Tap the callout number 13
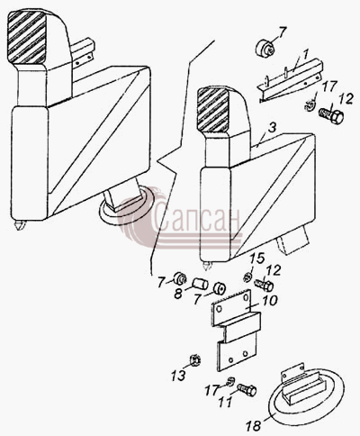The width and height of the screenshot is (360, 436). click(x=178, y=376)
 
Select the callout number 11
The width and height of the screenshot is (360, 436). click(x=225, y=403)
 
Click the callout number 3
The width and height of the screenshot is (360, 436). click(x=271, y=128)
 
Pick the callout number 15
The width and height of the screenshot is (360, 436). click(x=257, y=259)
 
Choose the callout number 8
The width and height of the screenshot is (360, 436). click(x=178, y=294)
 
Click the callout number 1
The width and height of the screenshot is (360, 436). click(x=305, y=55)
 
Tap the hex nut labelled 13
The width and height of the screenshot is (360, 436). click(x=195, y=359)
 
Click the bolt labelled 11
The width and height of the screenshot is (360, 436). click(x=247, y=390)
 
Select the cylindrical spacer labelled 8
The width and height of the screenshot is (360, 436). click(x=199, y=284)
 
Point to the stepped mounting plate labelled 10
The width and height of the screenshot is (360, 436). click(x=236, y=330)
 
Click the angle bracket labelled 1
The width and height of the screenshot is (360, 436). click(x=290, y=81)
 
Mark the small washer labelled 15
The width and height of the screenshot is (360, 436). click(x=247, y=277)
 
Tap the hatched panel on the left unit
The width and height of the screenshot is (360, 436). click(x=27, y=38)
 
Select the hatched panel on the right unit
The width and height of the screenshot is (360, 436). click(x=213, y=110)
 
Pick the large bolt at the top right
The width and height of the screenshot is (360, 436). click(x=331, y=115)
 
